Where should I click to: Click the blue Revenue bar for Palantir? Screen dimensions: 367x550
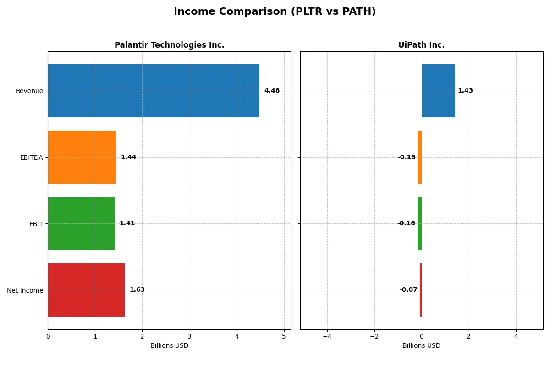tap(154, 91)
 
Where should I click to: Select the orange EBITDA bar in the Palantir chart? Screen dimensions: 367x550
tap(82, 157)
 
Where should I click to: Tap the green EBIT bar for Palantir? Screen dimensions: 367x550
tap(81, 223)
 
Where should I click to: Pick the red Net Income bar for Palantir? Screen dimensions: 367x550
tap(86, 290)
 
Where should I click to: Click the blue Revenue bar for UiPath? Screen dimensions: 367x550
tap(438, 91)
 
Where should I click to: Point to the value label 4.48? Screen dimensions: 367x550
tap(272, 91)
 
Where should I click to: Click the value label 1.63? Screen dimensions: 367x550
tap(137, 290)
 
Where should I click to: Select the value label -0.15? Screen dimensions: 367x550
tap(407, 157)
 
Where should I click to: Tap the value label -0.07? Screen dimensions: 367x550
tap(408, 290)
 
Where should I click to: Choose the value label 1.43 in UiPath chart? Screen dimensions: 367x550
tap(465, 91)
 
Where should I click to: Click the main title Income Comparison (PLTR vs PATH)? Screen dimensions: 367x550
tap(275, 12)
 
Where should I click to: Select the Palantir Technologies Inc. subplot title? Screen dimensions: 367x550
tap(169, 45)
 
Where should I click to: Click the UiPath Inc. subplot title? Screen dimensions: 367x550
tap(421, 45)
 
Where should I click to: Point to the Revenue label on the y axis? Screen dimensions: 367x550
tap(29, 91)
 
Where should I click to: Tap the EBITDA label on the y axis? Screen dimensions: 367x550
tap(31, 157)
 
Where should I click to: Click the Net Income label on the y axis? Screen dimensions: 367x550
tap(25, 290)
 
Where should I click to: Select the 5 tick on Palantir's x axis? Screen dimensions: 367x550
tap(284, 336)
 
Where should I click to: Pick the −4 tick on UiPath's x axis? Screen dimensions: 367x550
tap(327, 336)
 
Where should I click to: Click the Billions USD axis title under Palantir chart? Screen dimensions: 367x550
tap(169, 345)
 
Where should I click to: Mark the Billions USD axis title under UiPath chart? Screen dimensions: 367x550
tap(421, 345)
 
